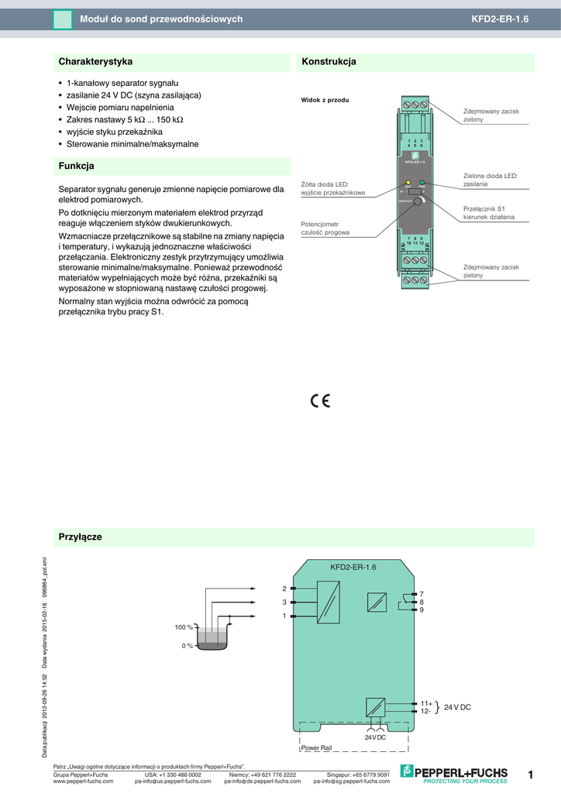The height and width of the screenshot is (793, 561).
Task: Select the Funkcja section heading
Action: coord(77,166)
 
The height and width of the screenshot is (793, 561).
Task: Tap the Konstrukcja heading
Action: coord(329,61)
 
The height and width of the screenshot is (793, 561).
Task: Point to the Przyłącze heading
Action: coord(81,537)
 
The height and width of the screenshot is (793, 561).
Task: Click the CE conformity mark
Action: coord(320,400)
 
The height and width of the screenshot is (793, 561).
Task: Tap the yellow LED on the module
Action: coord(408,184)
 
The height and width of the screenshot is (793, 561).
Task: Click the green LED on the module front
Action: coord(422,184)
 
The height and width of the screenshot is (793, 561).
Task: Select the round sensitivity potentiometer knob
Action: coord(418,201)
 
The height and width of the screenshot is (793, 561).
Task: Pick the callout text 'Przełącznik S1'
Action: coord(484,208)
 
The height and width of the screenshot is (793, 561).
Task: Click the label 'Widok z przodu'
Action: coord(325,101)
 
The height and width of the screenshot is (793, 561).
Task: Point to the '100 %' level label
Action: coord(183,627)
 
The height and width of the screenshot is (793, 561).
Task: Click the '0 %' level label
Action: coord(186,645)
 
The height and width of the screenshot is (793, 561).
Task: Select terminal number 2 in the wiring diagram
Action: coord(284,589)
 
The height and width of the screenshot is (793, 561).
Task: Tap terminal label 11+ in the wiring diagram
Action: coord(426,703)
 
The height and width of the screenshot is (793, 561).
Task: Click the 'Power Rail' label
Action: coord(315,748)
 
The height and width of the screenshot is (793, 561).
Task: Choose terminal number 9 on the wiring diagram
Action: coord(422,610)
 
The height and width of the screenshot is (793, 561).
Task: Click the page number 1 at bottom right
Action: coord(531,774)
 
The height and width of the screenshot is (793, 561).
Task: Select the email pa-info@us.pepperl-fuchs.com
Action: coord(177,781)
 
